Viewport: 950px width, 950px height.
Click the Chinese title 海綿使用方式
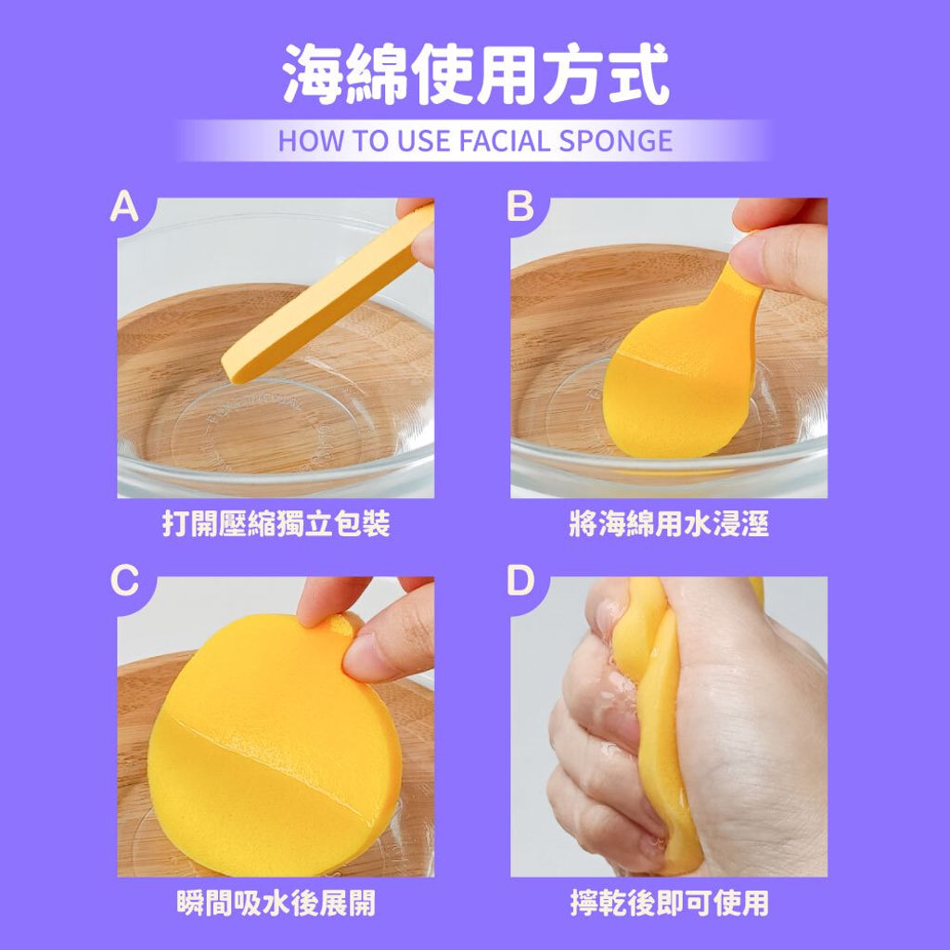pyautogui.click(x=476, y=74)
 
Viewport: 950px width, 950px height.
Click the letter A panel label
pyautogui.click(x=124, y=207)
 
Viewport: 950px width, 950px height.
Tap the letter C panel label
pyautogui.click(x=125, y=581)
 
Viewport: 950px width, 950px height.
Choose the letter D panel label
pyautogui.click(x=520, y=581)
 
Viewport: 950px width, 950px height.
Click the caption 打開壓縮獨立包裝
pyautogui.click(x=276, y=523)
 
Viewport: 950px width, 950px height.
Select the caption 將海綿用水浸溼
pyautogui.click(x=669, y=523)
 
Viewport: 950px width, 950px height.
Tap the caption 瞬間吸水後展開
pyautogui.click(x=276, y=903)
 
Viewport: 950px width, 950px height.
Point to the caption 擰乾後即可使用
pyautogui.click(x=669, y=903)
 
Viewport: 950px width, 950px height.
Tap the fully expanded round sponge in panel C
pyautogui.click(x=274, y=745)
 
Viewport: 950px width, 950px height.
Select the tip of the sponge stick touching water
pyautogui.click(x=233, y=375)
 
